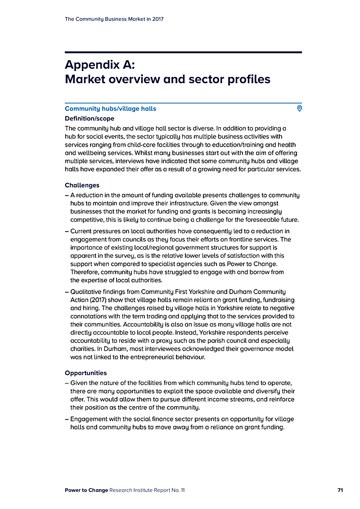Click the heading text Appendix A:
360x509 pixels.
tap(99, 64)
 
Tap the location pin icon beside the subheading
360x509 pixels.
tap(299, 108)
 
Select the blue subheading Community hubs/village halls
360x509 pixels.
tap(110, 109)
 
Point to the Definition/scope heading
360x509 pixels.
tap(90, 119)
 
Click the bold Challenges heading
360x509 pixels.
tap(82, 185)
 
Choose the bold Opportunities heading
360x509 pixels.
tap(86, 373)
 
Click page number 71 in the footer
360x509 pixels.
tap(340, 490)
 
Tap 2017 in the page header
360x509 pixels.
tap(157, 19)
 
